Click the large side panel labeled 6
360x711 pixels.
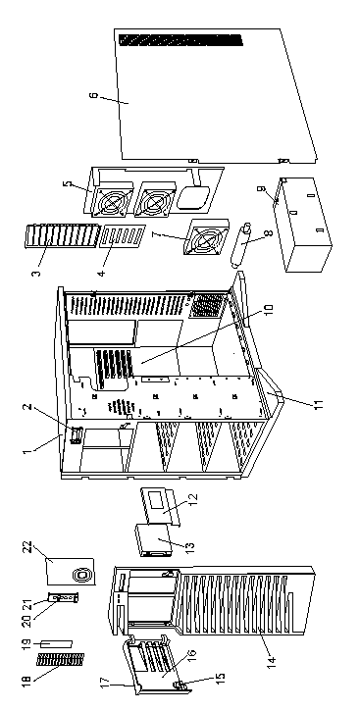click(213, 95)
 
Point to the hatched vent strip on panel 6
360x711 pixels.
click(180, 40)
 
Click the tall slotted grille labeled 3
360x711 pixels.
click(62, 235)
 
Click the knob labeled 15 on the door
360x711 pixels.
click(180, 685)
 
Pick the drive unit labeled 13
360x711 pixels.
click(153, 539)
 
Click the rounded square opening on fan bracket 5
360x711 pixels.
click(192, 198)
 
